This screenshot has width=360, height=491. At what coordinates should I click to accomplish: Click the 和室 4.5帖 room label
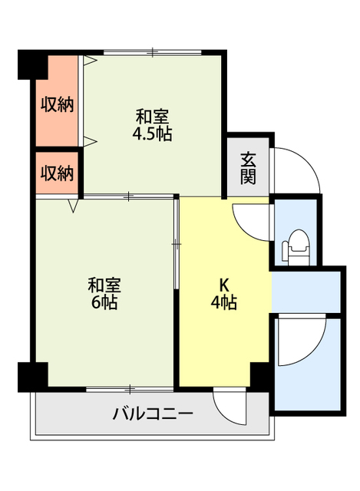153,125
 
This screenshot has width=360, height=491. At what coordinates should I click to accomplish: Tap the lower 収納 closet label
58,173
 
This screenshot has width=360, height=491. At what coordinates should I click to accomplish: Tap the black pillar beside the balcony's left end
32,376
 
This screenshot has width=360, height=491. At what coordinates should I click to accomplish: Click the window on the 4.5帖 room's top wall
153,52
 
